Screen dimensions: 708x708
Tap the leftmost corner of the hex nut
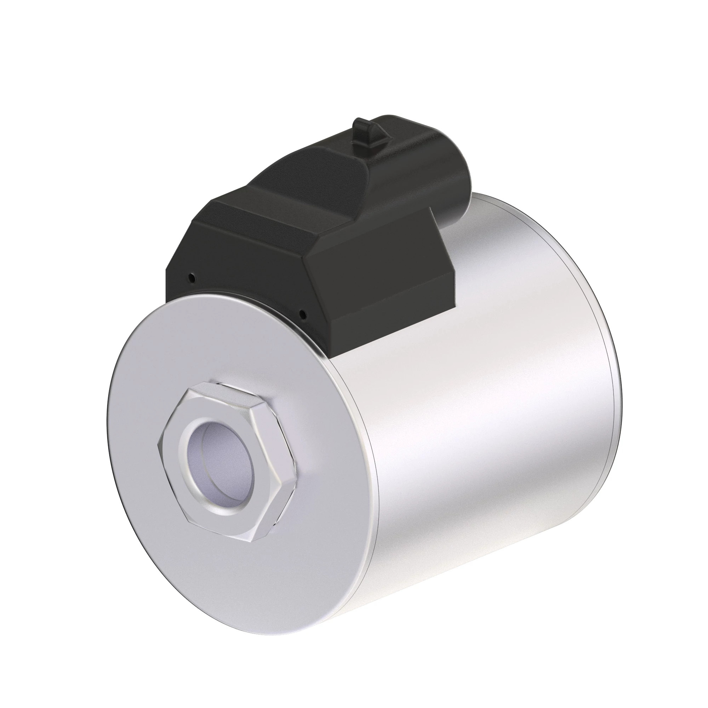coord(158,444)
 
